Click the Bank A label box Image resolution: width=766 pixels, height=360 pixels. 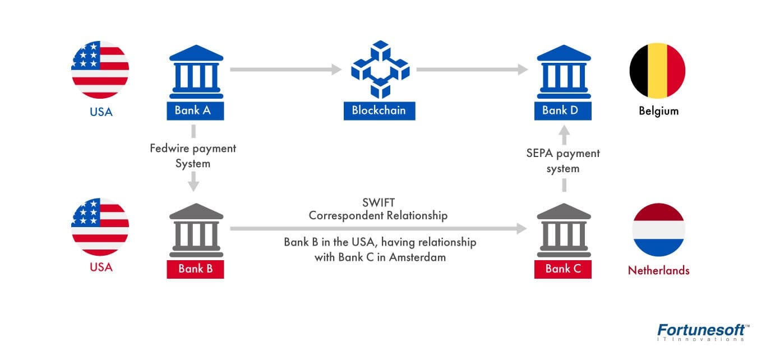(195, 110)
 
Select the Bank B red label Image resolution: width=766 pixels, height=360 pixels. (195, 269)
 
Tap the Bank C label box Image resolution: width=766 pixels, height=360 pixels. (564, 269)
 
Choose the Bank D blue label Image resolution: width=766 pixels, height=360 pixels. (564, 110)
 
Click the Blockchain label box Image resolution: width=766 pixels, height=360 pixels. (379, 110)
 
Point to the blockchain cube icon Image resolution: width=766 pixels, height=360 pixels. (380, 69)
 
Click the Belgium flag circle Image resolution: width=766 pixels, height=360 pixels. (657, 71)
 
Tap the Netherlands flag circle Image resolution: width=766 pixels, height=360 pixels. (658, 229)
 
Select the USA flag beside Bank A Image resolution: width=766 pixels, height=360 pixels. (100, 70)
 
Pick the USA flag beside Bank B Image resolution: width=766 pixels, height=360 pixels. (100, 227)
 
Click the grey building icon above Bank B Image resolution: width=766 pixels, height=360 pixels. (196, 229)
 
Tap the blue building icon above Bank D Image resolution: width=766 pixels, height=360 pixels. (564, 71)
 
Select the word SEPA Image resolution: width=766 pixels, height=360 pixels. (539, 153)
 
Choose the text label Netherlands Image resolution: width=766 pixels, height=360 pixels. (658, 270)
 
